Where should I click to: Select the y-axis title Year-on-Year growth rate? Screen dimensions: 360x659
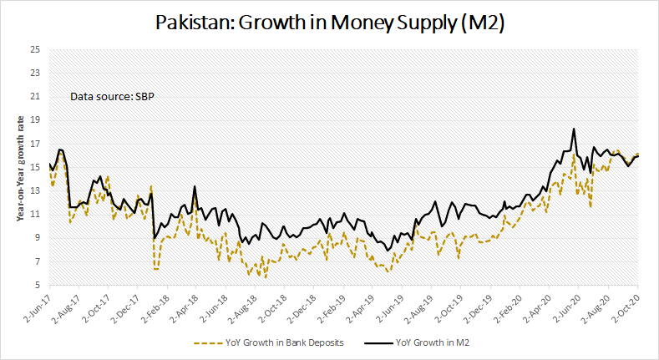[19, 168]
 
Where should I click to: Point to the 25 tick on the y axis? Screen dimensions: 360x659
[35, 49]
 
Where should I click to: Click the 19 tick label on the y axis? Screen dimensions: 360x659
[35, 120]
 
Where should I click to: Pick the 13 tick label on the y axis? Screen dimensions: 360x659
[35, 191]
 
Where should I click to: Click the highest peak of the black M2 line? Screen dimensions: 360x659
[574, 129]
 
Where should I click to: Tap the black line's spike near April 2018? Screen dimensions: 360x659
[195, 186]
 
